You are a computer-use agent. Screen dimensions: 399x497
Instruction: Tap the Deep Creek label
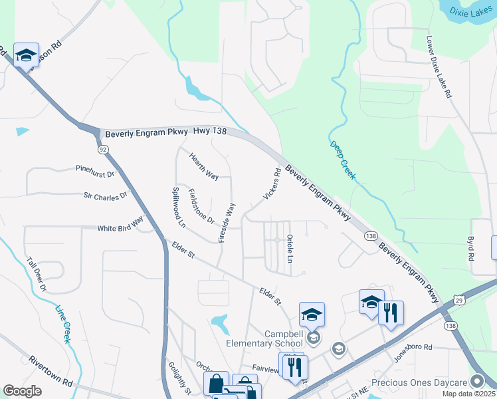tap(343, 160)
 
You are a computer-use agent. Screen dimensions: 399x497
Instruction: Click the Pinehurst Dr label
tap(95, 171)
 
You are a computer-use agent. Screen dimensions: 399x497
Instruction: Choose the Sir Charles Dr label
tap(105, 196)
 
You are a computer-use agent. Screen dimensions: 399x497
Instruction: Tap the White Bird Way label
tap(120, 225)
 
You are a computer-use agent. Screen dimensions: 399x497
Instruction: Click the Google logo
tap(23, 391)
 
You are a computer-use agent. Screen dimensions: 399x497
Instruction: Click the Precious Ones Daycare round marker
tap(476, 381)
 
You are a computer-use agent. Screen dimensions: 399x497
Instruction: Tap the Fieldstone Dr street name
tap(201, 206)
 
